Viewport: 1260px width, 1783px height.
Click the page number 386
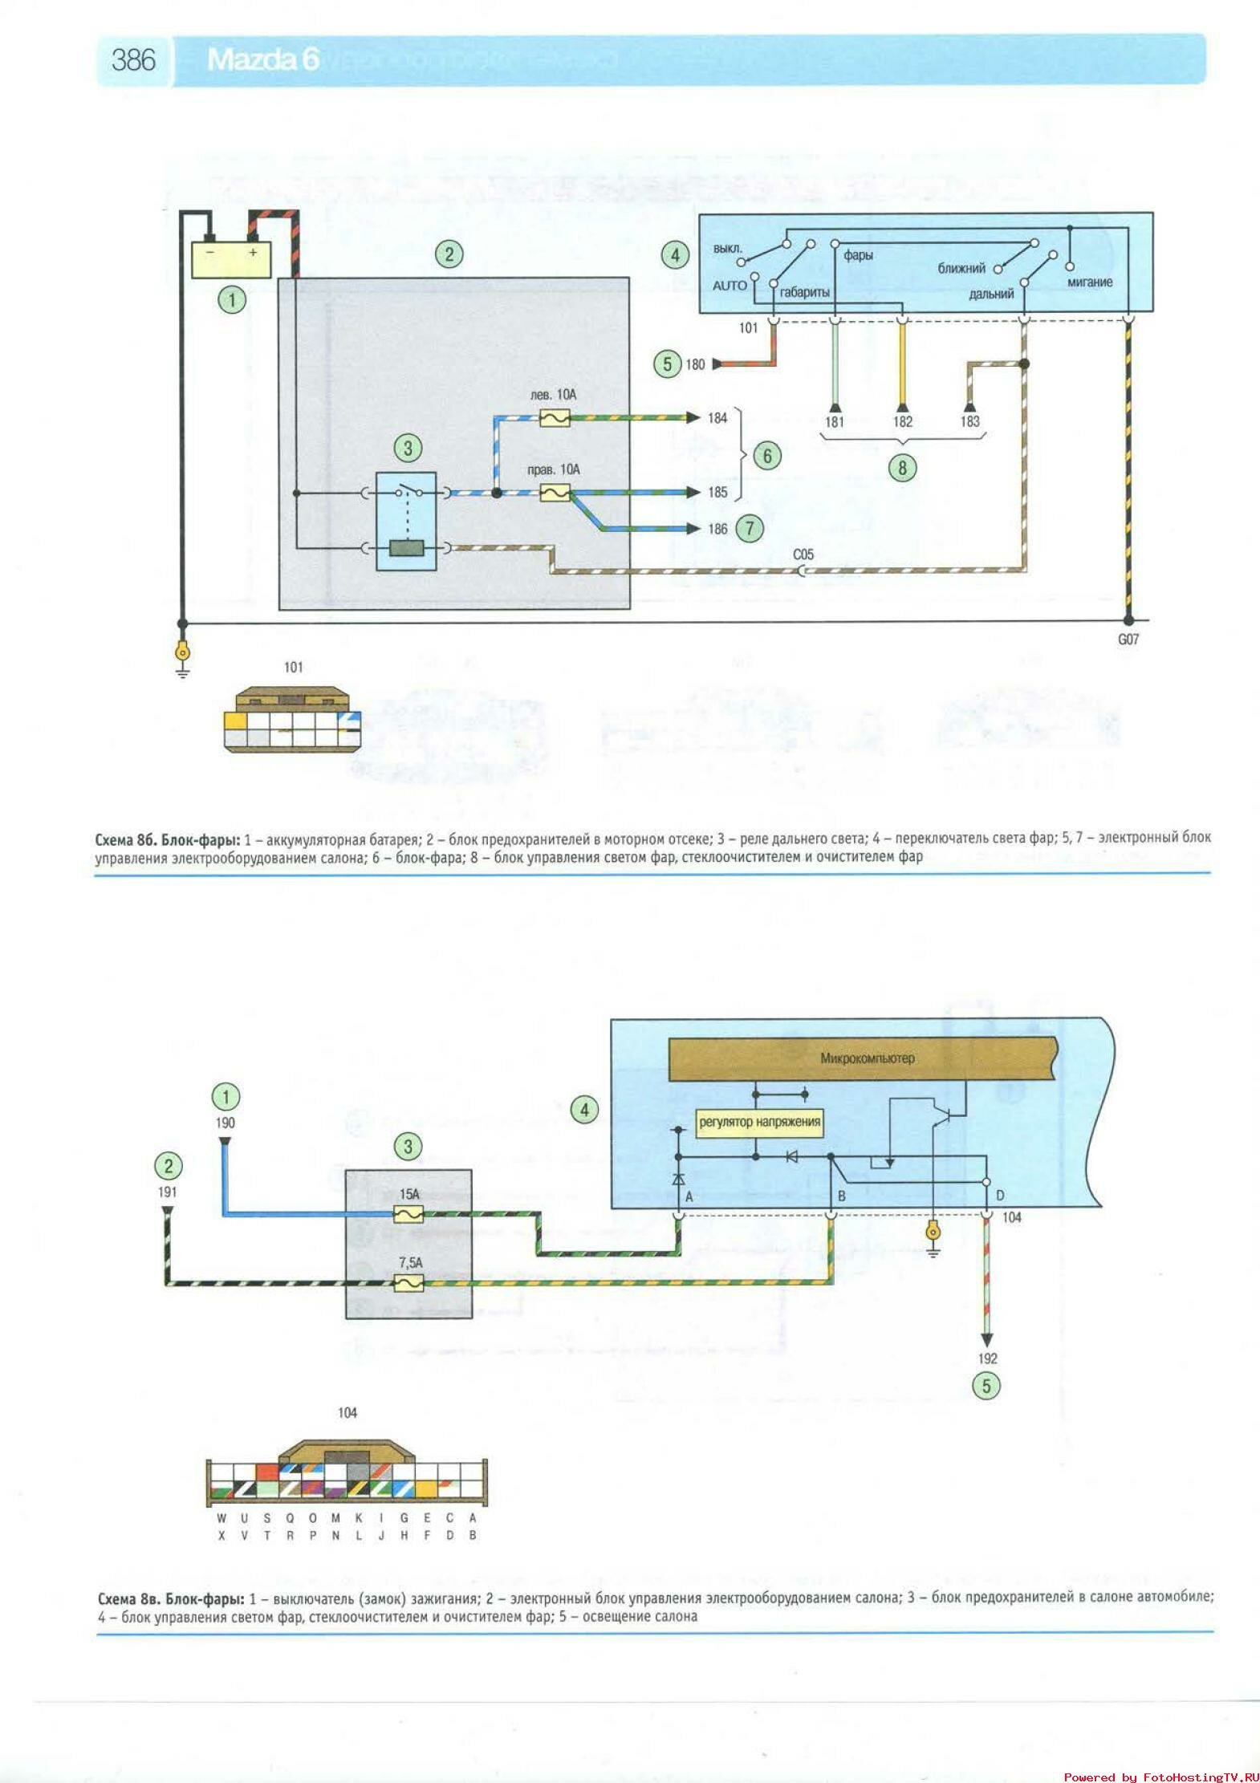pos(133,59)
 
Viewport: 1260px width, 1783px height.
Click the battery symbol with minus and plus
pos(231,258)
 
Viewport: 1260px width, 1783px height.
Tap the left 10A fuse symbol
pos(555,418)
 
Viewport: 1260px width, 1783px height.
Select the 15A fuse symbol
pos(409,1213)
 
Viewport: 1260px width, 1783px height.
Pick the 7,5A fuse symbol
pos(409,1284)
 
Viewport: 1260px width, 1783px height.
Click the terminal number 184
pos(717,418)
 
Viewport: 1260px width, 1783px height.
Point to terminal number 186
pos(717,529)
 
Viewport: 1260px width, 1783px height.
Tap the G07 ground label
pos(1128,640)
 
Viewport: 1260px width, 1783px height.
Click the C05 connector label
pos(803,554)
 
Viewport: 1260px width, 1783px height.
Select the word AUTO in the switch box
pos(730,286)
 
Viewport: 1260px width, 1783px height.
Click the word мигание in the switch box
pos(1090,282)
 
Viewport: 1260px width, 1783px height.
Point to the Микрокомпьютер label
pos(867,1058)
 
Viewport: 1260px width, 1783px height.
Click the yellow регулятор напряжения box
pos(759,1122)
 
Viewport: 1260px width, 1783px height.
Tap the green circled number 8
pos(902,468)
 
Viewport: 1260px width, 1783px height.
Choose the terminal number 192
pos(987,1359)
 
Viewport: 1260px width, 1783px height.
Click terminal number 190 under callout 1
pos(226,1123)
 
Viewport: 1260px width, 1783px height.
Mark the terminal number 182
pos(903,422)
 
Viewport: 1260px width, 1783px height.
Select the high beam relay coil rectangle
pos(407,549)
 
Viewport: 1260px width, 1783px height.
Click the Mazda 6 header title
pos(263,59)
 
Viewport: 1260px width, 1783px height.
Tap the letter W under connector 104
pos(222,1518)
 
